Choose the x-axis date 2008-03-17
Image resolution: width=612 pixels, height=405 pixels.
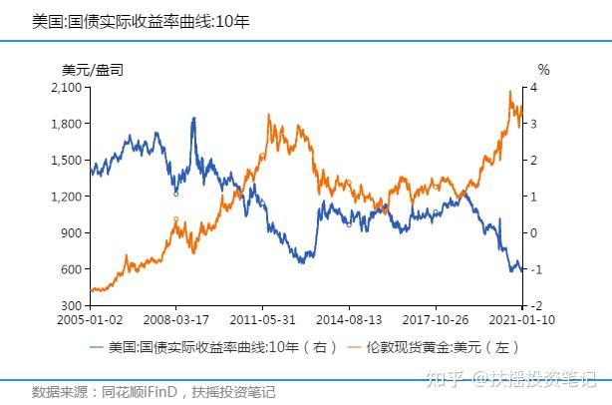pyautogui.click(x=176, y=321)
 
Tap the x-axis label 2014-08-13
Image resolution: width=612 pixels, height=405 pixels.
pyautogui.click(x=349, y=321)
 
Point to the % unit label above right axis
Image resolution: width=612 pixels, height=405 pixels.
pyautogui.click(x=543, y=70)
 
